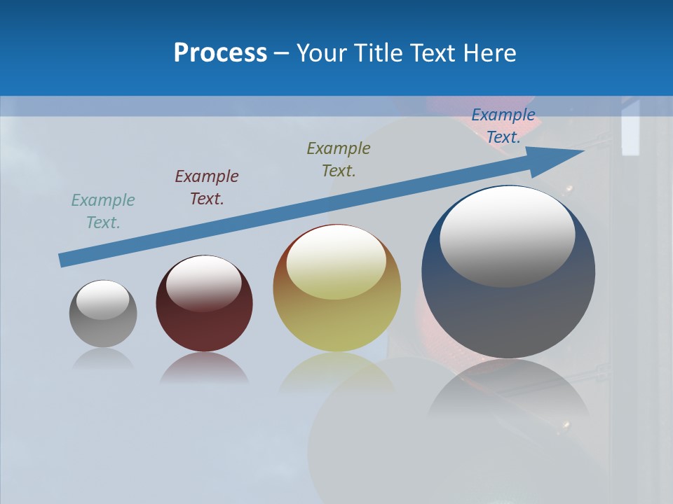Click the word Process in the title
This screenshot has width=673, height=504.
pyautogui.click(x=220, y=53)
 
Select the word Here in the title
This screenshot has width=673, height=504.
pyautogui.click(x=489, y=53)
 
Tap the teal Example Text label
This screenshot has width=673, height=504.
pyautogui.click(x=103, y=211)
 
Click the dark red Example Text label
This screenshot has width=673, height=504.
pyautogui.click(x=207, y=188)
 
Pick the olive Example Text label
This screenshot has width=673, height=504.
pyautogui.click(x=339, y=160)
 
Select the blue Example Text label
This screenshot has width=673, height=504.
pyautogui.click(x=503, y=126)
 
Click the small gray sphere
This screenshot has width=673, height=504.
pyautogui.click(x=103, y=329)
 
